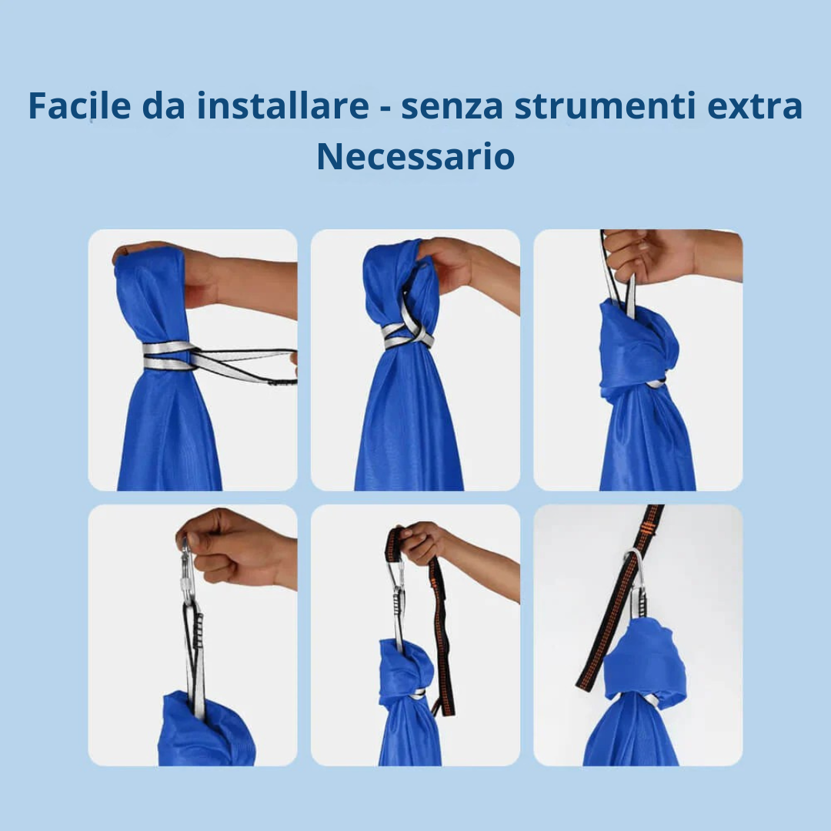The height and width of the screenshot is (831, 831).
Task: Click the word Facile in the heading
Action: (x=79, y=105)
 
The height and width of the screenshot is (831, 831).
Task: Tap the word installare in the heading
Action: (x=282, y=105)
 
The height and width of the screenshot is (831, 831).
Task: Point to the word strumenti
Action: (x=606, y=106)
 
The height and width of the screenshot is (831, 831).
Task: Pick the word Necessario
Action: (x=415, y=157)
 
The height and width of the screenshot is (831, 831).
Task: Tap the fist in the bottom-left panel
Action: (x=233, y=546)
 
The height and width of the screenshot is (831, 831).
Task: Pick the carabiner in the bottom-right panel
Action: (x=636, y=583)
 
